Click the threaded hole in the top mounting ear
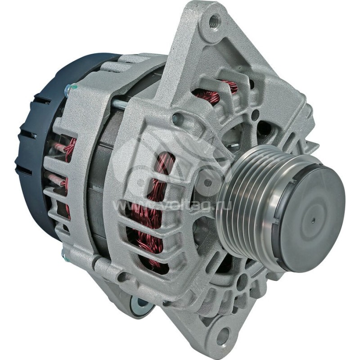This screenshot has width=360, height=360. (x=213, y=20)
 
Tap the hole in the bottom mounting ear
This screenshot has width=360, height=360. (x=221, y=335)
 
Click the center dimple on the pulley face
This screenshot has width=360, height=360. (x=312, y=221)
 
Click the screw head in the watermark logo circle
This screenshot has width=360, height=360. (x=208, y=183)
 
